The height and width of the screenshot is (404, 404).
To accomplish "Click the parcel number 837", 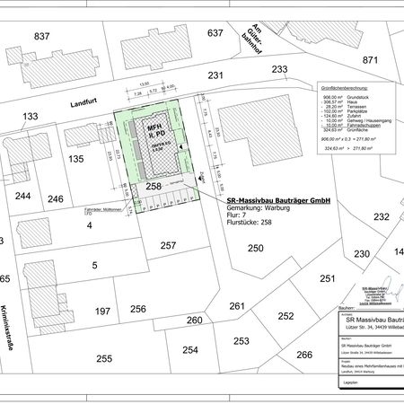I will click(41, 36).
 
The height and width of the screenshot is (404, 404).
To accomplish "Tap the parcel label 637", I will click(215, 33).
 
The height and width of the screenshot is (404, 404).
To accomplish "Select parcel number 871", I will click(371, 59).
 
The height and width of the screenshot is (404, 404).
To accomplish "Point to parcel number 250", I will click(256, 247).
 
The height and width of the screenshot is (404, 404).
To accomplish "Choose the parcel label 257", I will click(168, 245).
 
